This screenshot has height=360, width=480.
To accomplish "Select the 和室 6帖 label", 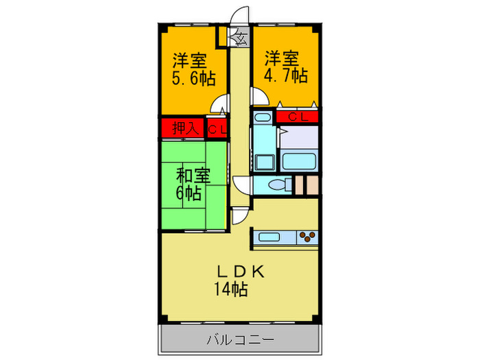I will coord(193,183).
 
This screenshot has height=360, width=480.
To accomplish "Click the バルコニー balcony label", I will coord(239,339).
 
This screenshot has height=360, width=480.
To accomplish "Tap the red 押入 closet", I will coord(183,128).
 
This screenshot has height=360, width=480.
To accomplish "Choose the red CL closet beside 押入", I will coord(217,128).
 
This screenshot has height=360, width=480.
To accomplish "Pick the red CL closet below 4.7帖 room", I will coord(298,117).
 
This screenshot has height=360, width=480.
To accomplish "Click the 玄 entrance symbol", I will coord(242,38).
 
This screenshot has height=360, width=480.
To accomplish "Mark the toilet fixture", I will coord(278,185).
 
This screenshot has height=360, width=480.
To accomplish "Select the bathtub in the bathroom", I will coord(298,162).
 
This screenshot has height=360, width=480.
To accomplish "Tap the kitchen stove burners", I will coord(308,237).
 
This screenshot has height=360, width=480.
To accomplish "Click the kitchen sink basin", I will coord(267,238).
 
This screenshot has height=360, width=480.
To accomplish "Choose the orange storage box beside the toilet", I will coord(310,185).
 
